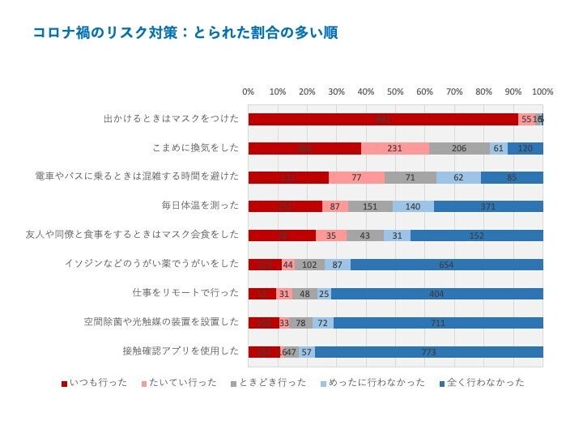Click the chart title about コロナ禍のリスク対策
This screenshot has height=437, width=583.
pyautogui.click(x=185, y=33)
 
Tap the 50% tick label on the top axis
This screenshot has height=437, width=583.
pyautogui.click(x=395, y=91)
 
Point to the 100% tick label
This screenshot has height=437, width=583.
pyautogui.click(x=542, y=91)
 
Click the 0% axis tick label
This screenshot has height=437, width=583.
pyautogui.click(x=249, y=91)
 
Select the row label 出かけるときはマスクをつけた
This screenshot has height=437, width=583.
pyautogui.click(x=171, y=119)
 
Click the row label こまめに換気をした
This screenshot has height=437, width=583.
pyautogui.click(x=195, y=148)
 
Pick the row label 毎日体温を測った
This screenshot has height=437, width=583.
pyautogui.click(x=200, y=206)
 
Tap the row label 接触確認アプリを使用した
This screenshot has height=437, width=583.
pyautogui.click(x=181, y=351)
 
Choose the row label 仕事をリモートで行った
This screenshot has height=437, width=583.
pyautogui.click(x=185, y=293)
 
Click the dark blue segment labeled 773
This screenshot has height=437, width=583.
pyautogui.click(x=428, y=352)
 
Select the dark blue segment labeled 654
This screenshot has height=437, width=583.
pyautogui.click(x=446, y=265)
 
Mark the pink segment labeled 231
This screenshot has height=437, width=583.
pyautogui.click(x=395, y=149)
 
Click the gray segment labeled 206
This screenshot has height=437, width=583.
pyautogui.click(x=459, y=149)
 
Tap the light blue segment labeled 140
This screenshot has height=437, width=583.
pyautogui.click(x=413, y=206)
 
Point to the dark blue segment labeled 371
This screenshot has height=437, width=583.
pyautogui.click(x=487, y=206)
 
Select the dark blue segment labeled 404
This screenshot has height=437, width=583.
pyautogui.click(x=436, y=294)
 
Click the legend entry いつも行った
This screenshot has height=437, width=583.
pyautogui.click(x=95, y=383)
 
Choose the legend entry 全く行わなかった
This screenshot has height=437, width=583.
pyautogui.click(x=481, y=383)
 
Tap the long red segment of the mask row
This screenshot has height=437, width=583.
pyautogui.click(x=383, y=120)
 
